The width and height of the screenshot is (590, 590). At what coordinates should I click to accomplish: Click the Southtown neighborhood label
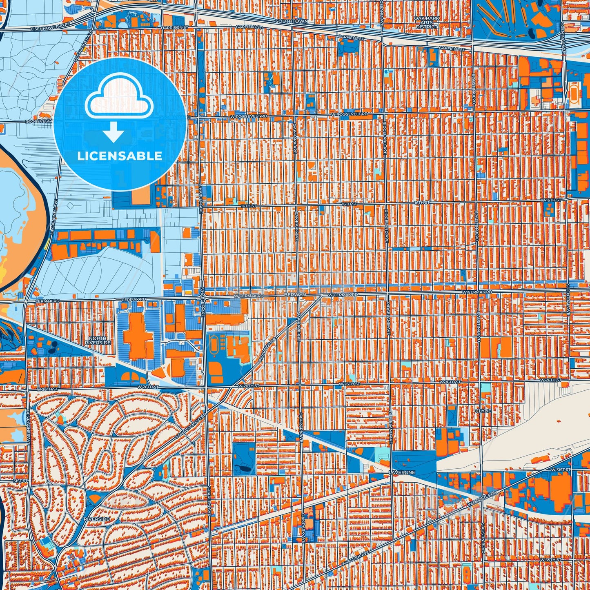(292, 21)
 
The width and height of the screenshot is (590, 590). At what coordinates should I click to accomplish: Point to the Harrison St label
(171, 27)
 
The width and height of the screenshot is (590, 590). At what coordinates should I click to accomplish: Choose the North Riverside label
(98, 341)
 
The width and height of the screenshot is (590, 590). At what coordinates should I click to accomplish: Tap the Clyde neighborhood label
(483, 411)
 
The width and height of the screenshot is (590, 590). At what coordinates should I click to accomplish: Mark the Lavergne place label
(402, 472)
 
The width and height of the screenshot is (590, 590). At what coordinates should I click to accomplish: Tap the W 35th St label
(551, 559)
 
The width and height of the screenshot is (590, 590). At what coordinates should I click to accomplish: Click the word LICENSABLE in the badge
(120, 156)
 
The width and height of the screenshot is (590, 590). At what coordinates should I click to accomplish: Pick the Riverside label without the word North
(97, 519)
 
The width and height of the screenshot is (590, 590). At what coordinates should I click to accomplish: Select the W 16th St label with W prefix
(551, 200)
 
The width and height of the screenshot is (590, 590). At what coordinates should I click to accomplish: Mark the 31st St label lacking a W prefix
(20, 481)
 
